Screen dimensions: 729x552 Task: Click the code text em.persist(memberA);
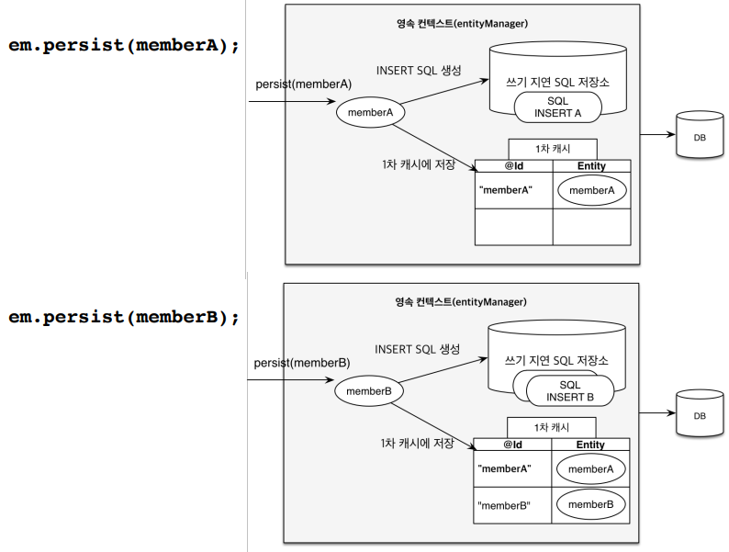(124, 46)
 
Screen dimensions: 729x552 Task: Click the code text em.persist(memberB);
(124, 317)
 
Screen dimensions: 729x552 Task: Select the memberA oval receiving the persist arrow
(371, 112)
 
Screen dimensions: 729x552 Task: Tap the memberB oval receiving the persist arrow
(369, 391)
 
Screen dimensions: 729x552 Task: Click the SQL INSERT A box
(558, 107)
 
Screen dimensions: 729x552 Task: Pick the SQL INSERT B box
(570, 390)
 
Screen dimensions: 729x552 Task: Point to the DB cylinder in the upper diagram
(700, 134)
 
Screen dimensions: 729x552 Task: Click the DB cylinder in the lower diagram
(700, 413)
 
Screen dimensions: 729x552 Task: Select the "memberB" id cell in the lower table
(512, 505)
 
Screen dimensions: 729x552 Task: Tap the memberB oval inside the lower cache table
(591, 504)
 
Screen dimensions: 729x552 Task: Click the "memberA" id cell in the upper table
(514, 191)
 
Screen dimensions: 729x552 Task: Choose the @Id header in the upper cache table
(514, 166)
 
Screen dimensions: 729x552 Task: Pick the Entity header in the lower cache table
(590, 445)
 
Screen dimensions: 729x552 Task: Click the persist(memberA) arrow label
(304, 84)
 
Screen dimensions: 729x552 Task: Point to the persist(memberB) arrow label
(302, 363)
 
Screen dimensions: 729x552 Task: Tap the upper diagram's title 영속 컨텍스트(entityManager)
(462, 23)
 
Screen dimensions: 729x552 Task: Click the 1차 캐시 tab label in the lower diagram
(552, 427)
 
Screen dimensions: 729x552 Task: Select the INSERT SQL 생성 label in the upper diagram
(419, 70)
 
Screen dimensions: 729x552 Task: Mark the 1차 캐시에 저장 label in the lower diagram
(417, 444)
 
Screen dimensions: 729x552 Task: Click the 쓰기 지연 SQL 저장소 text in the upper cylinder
(557, 83)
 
